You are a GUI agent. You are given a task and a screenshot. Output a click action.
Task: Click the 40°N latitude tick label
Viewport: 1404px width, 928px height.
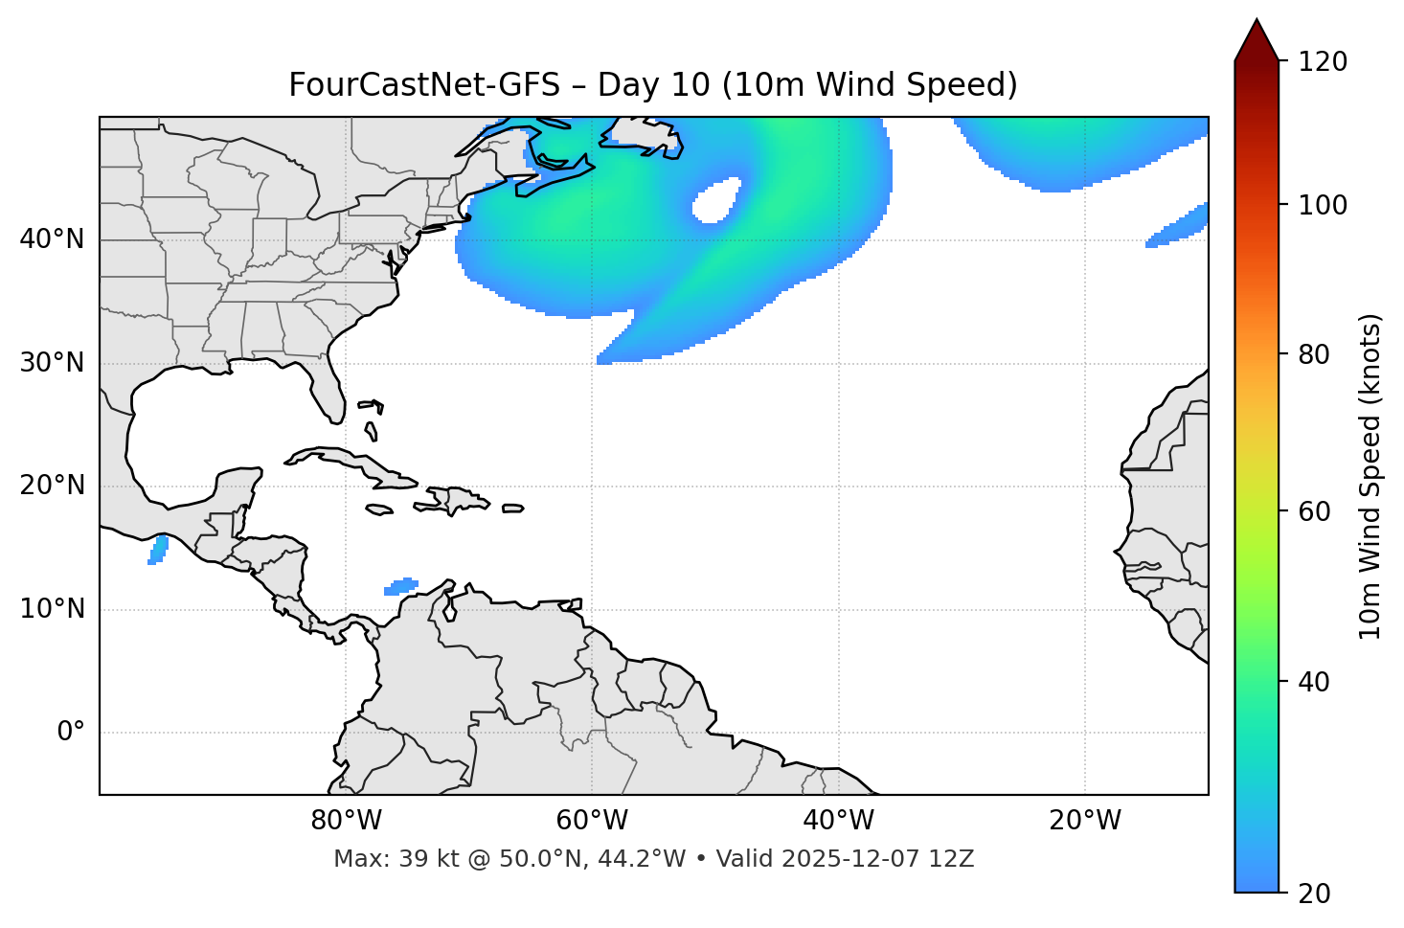pyautogui.click(x=53, y=239)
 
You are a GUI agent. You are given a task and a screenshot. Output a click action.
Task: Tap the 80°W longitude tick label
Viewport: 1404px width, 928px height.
pyautogui.click(x=346, y=822)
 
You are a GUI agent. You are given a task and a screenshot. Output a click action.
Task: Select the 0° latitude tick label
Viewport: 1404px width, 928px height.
pyautogui.click(x=71, y=733)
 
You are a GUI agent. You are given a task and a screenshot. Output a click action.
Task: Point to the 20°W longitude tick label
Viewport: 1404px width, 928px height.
pyautogui.click(x=1085, y=822)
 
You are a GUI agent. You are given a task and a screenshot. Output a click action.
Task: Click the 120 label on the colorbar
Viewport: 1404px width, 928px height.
pyautogui.click(x=1323, y=62)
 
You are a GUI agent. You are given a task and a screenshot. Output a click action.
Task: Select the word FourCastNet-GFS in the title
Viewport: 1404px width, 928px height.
pyautogui.click(x=424, y=85)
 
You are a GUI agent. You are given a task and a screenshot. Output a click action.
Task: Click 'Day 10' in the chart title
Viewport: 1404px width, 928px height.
pyautogui.click(x=654, y=85)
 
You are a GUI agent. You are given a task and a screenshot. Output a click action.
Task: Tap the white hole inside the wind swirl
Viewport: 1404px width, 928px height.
pyautogui.click(x=715, y=201)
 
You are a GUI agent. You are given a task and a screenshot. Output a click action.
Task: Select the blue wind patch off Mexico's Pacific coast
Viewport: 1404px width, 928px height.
pyautogui.click(x=158, y=551)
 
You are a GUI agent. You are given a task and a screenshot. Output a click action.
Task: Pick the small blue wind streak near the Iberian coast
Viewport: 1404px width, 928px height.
pyautogui.click(x=1178, y=228)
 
